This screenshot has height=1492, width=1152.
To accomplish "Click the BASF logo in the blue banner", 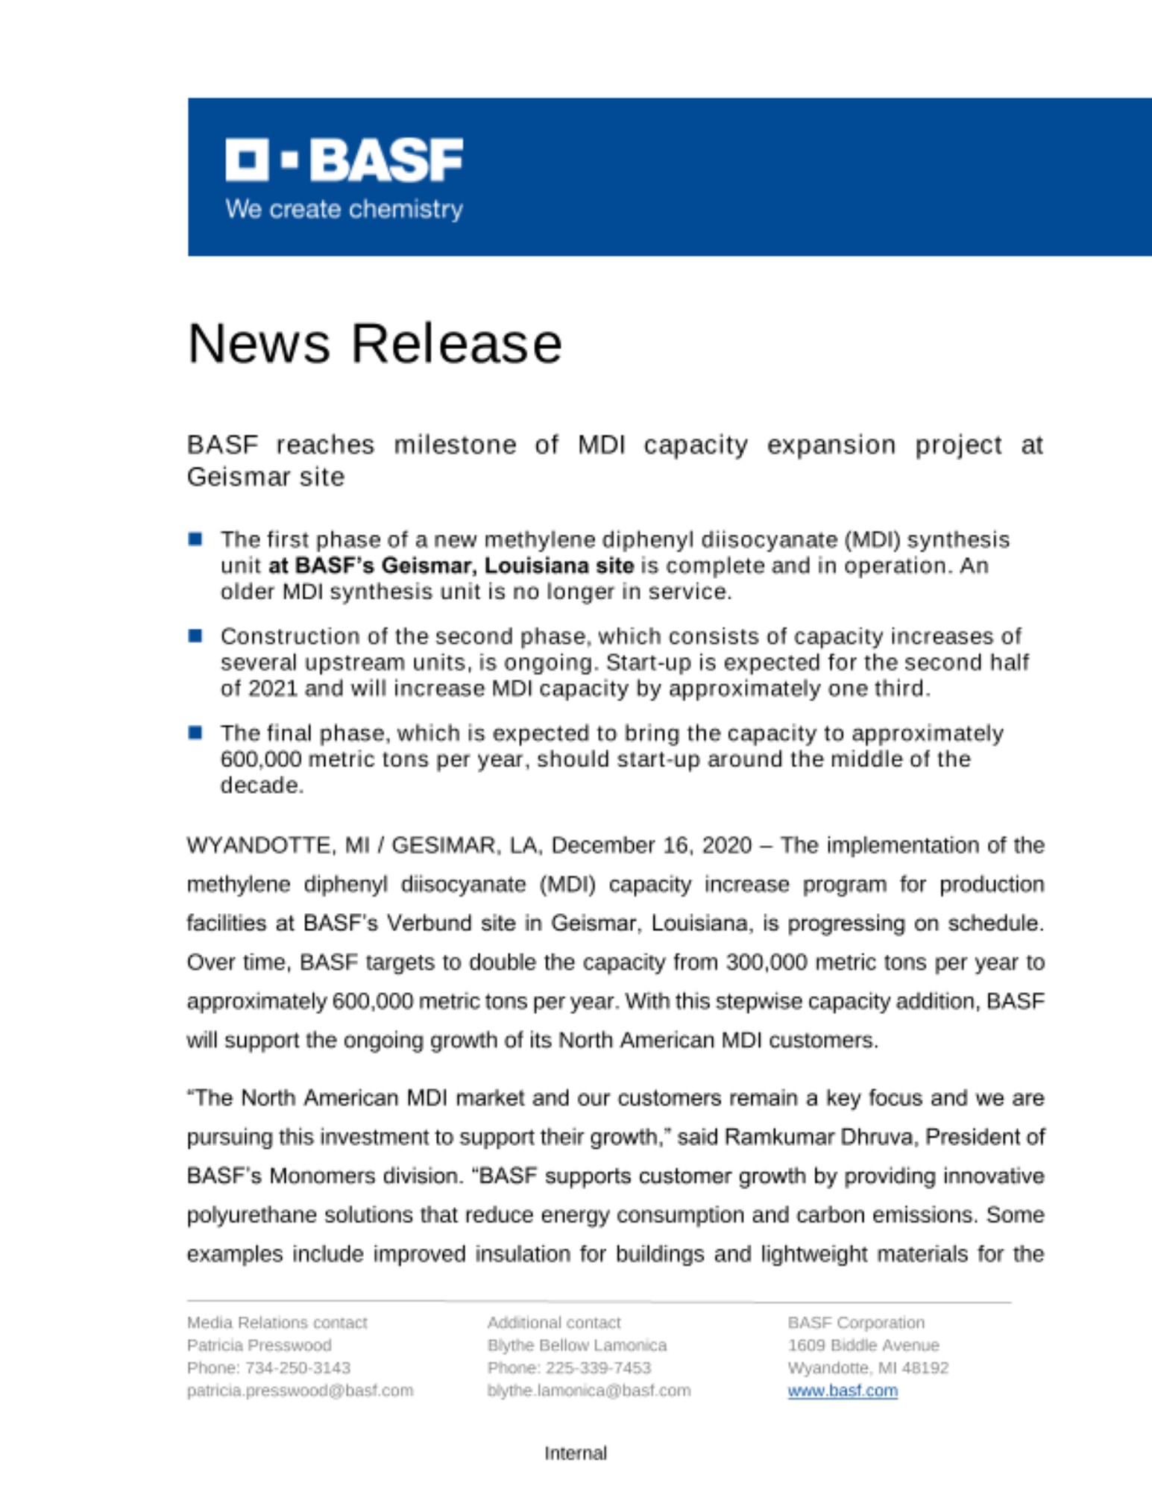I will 344,159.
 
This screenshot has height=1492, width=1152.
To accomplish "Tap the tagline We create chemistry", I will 344,210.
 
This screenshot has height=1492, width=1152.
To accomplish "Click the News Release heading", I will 374,344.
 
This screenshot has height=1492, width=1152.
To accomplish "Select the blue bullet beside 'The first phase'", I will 195,539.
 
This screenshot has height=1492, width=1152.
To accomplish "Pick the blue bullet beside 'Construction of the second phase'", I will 195,636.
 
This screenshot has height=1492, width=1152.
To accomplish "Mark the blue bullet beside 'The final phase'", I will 195,733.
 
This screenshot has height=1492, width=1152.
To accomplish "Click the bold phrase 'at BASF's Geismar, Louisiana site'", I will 450,565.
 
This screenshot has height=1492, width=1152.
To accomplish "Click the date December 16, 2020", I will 651,845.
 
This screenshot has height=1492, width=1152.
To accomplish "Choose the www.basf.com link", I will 843,1391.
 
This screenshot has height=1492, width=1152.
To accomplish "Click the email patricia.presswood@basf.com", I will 300,1391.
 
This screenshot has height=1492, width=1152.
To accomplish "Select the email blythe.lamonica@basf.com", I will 588,1391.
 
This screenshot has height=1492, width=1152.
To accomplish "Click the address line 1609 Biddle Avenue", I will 863,1345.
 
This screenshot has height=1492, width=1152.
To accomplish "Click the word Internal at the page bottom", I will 576,1453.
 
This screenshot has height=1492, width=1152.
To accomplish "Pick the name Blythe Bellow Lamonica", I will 576,1345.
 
